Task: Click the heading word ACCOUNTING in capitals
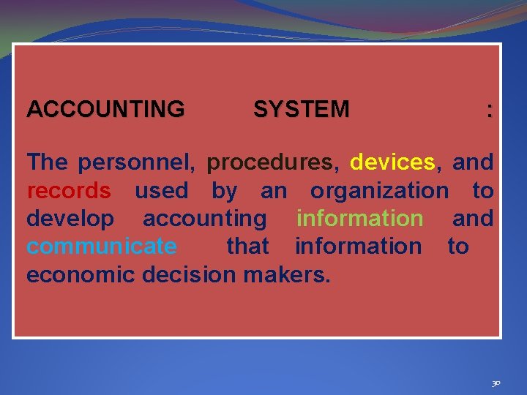[105, 110]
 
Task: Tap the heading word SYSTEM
[301, 110]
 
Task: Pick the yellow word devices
[392, 162]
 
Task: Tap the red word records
[69, 190]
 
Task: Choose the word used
[161, 190]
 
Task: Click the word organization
[379, 190]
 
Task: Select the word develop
[70, 218]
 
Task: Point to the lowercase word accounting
[205, 218]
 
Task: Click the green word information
[359, 218]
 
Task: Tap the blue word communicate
[101, 246]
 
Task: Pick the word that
[247, 246]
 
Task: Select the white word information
[358, 246]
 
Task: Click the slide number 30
[496, 383]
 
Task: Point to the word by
[224, 192]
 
